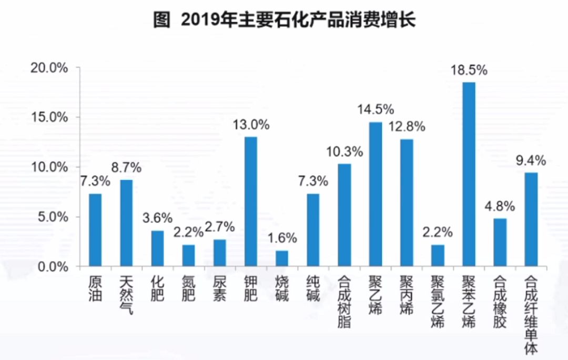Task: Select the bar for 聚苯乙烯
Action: click(x=468, y=174)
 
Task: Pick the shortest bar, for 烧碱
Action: click(x=282, y=258)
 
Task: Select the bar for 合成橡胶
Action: click(x=500, y=242)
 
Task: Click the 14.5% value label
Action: click(x=376, y=110)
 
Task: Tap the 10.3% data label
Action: click(x=344, y=152)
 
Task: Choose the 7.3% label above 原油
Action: click(x=95, y=182)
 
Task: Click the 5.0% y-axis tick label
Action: click(x=53, y=217)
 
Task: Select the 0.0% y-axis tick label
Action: click(x=53, y=267)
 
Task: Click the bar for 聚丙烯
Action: click(x=406, y=203)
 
